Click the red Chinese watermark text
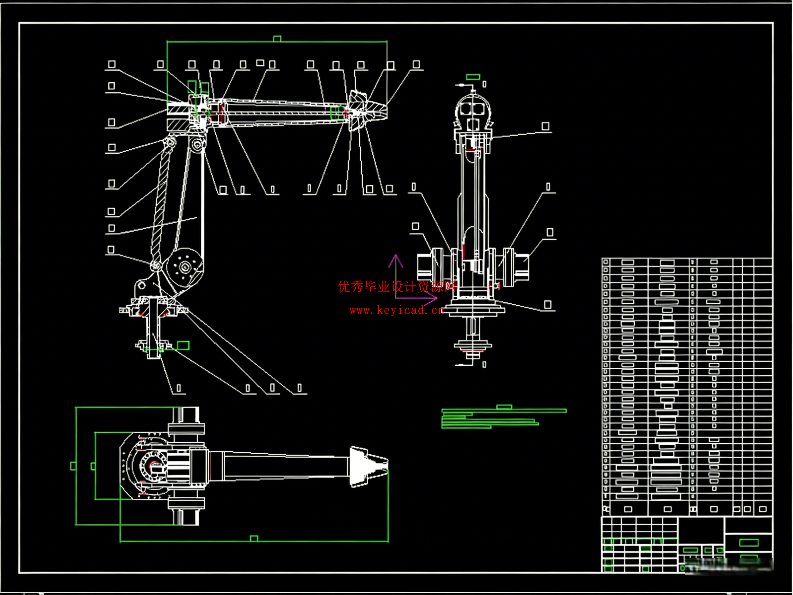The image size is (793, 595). point(397,287)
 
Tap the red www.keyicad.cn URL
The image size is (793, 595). point(397,310)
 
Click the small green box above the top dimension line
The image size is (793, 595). point(277,38)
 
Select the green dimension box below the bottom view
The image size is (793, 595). point(254,538)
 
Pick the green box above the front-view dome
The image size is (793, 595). point(473,77)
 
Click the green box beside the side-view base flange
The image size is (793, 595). point(183,345)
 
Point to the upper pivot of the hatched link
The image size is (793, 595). point(170,142)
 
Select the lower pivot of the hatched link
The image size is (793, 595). point(156,266)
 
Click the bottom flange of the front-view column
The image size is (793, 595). point(473,346)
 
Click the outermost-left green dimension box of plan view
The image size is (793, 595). point(73,466)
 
